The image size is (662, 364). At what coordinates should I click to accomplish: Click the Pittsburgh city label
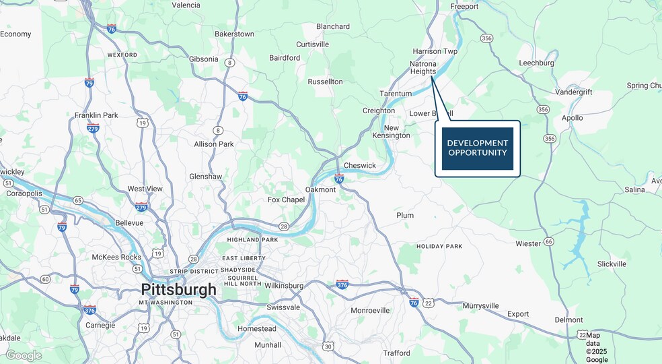click(178, 290)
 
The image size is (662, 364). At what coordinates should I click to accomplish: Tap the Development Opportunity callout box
click(477, 148)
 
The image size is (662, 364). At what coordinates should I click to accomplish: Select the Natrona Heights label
click(423, 67)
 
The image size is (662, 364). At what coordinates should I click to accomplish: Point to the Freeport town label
click(464, 7)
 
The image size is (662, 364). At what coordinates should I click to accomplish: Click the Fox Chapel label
click(286, 200)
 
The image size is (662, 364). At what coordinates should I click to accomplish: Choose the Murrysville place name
click(481, 306)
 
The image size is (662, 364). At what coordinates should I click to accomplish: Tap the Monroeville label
click(370, 311)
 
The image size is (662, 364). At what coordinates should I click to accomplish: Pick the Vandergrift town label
click(574, 92)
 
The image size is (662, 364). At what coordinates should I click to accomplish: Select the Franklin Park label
click(96, 115)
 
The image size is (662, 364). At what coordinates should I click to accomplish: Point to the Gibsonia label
click(204, 59)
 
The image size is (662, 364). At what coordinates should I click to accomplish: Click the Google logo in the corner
click(24, 355)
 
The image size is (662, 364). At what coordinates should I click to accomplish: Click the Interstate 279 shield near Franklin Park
click(93, 129)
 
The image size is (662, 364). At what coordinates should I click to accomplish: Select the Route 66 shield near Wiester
click(549, 241)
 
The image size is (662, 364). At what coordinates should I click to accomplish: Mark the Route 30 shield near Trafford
click(328, 346)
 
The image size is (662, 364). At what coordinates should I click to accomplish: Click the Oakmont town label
click(320, 190)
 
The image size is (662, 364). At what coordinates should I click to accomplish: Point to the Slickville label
click(612, 264)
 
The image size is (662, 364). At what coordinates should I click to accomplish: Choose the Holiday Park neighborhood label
click(439, 247)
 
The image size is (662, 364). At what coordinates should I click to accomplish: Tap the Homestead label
click(257, 329)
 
